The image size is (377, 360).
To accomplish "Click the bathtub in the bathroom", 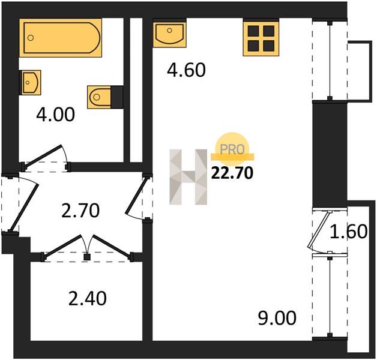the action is click(x=61, y=38).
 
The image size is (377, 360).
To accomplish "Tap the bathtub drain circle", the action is click(x=31, y=38).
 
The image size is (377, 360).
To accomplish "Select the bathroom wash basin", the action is click(x=31, y=82).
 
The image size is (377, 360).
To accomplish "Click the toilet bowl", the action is click(x=99, y=97).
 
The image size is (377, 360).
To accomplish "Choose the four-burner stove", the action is click(x=261, y=38).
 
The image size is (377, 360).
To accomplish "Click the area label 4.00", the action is click(x=56, y=115).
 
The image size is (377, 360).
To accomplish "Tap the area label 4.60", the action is click(x=186, y=70).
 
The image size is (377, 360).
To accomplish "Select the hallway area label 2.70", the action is click(x=80, y=211).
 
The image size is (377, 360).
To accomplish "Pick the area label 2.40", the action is click(x=87, y=298).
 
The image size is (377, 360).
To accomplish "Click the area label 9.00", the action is click(x=277, y=318).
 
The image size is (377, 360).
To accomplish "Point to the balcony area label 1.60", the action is click(x=348, y=232).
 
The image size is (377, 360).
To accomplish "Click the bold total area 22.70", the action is click(x=232, y=173).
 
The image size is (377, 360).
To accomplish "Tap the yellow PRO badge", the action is click(x=232, y=146).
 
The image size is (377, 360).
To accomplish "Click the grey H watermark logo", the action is click(x=188, y=177).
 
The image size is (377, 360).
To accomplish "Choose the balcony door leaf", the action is click(x=319, y=230).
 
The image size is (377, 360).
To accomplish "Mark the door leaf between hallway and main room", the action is click(x=136, y=196).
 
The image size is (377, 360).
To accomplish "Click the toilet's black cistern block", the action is click(x=117, y=97).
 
